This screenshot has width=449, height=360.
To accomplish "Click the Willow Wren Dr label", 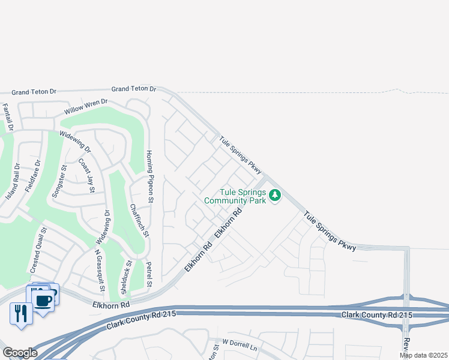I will pos(86,107).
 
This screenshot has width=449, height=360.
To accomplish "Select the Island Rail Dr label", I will pos(13,181).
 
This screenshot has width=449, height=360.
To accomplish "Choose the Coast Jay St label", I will pos(88,175).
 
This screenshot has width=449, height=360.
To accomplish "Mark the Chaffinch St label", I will pos(138,220).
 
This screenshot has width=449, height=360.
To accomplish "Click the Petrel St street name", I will pos(151,274).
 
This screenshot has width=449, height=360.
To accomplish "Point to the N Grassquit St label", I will pos(99,271).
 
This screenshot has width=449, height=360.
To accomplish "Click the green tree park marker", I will pos(276,195).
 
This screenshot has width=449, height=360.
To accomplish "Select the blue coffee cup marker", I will pos(42,299).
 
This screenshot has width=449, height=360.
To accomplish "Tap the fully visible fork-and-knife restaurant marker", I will pos(21,313).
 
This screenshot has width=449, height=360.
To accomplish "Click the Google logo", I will pos(20,353).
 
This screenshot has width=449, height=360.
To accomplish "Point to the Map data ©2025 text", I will pos(423,355).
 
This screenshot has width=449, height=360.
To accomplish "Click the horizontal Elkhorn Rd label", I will pos(111,305).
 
